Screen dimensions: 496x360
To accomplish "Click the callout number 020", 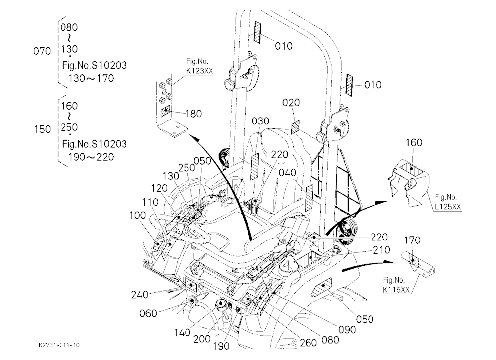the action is point(291,103).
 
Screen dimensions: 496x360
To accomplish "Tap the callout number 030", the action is point(261,121).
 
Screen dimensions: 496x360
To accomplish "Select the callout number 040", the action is point(287,173).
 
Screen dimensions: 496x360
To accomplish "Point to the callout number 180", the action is point(193,113).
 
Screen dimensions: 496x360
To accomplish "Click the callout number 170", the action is point(412,240).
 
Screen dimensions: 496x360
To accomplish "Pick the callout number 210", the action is point(382,250).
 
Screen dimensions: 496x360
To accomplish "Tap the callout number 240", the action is point(140,295).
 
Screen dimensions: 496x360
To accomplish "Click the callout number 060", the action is point(148,313).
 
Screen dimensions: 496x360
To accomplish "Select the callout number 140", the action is point(182,332).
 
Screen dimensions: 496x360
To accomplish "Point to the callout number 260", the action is point(308,342).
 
